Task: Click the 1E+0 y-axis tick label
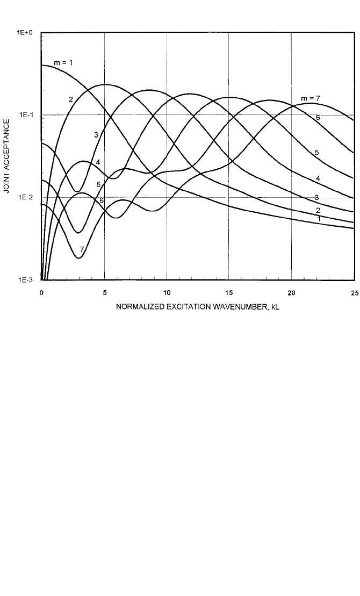tap(25, 33)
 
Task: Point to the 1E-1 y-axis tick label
tap(26, 115)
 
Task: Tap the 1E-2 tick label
tap(26, 197)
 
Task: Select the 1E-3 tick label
tap(26, 280)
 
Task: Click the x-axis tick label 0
tap(42, 293)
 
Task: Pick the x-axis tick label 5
tap(104, 293)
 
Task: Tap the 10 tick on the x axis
tap(167, 293)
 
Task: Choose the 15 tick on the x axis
tap(229, 293)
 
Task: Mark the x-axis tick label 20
tap(291, 293)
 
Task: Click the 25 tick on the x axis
tap(354, 293)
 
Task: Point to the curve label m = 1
tap(63, 63)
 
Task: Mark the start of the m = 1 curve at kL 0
tap(42, 65)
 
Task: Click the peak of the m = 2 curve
tap(105, 84)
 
